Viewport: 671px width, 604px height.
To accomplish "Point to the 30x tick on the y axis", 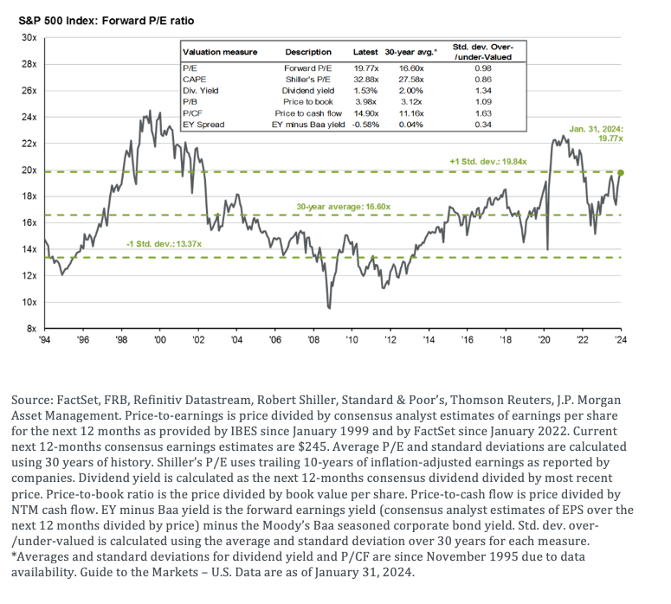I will (28, 38).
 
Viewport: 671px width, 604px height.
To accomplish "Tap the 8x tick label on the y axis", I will (29, 328).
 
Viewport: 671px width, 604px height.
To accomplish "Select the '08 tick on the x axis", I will (313, 340).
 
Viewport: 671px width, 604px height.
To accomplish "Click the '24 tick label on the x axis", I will (620, 340).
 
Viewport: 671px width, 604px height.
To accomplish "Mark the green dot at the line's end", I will (621, 173).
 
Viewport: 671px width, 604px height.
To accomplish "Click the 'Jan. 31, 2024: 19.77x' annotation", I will (597, 133).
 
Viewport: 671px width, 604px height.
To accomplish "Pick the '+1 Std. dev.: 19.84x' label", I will (484, 161).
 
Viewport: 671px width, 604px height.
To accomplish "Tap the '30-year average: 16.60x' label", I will (344, 208).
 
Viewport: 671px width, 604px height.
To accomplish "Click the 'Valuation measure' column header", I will (221, 52).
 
